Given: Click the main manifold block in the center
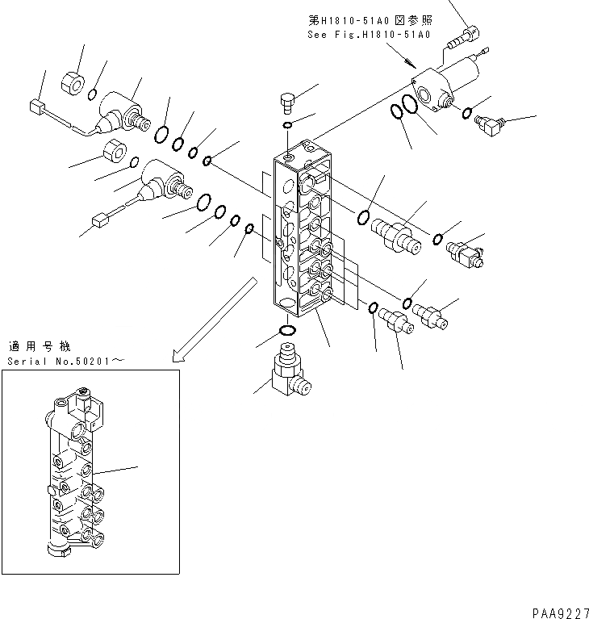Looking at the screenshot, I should tap(303, 234).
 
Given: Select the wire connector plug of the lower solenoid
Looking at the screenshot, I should tap(101, 218).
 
